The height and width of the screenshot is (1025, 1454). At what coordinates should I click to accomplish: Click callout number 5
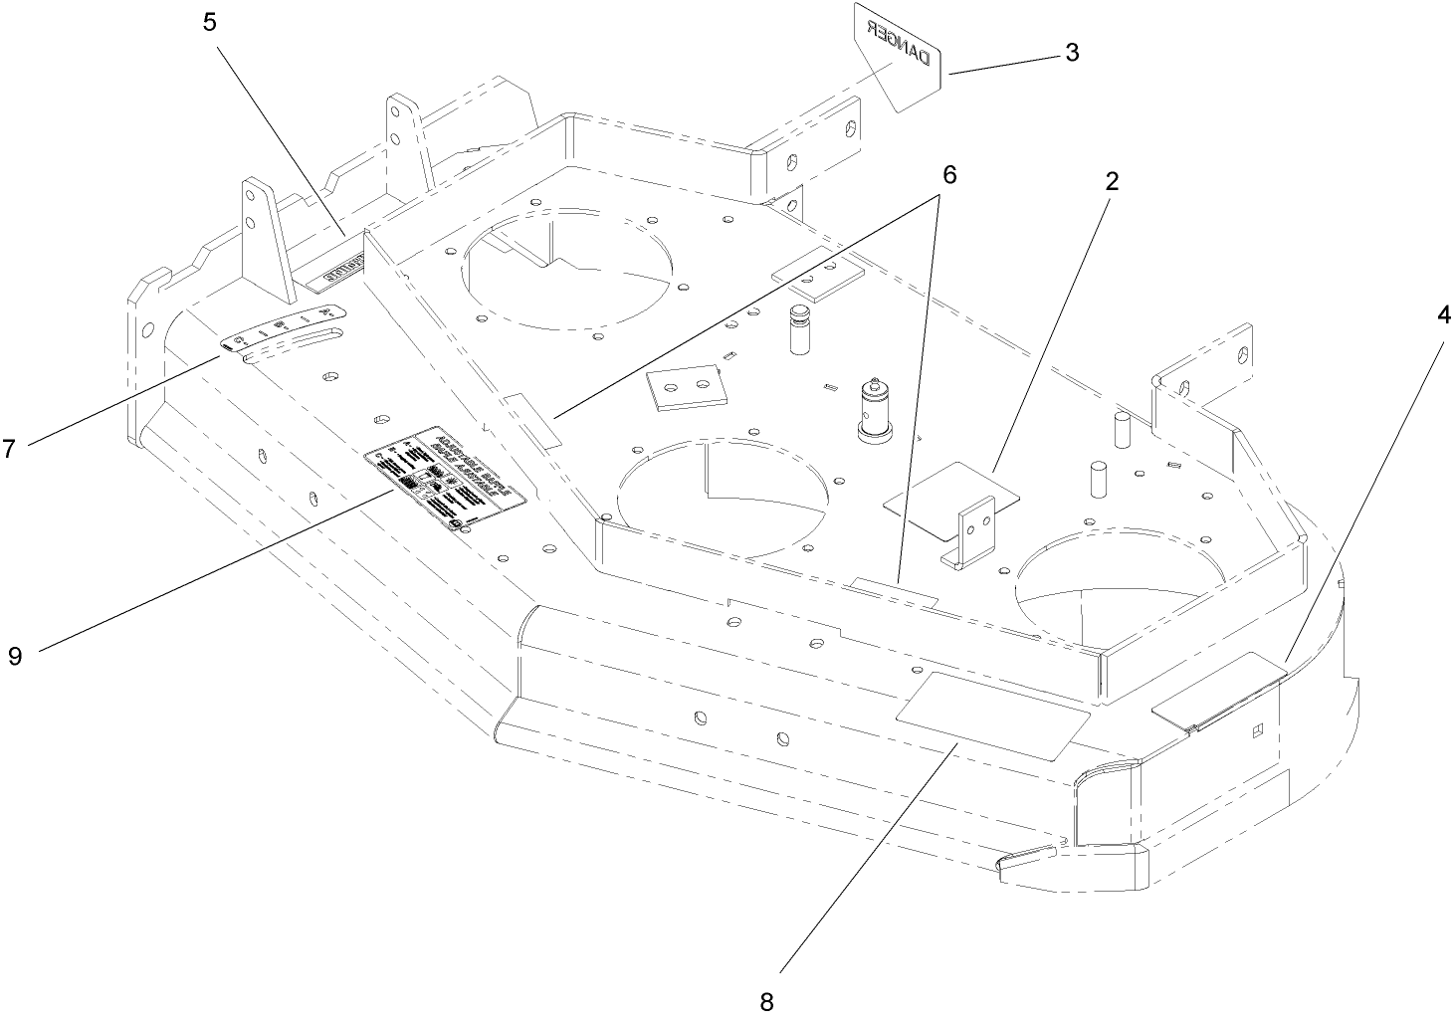point(209,22)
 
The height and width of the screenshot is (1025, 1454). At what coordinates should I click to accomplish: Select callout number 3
point(1072,52)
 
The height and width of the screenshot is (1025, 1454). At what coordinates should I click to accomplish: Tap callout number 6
point(948,174)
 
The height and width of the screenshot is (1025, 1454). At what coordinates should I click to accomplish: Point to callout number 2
point(1112,181)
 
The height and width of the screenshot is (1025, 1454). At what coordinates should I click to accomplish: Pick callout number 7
point(9,449)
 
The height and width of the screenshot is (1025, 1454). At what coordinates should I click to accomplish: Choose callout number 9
point(14,656)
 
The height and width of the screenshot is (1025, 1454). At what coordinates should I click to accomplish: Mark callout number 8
point(766,1001)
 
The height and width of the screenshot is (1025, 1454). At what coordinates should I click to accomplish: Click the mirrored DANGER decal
point(896,58)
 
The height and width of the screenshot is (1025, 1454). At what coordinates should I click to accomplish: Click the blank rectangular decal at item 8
point(992,715)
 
